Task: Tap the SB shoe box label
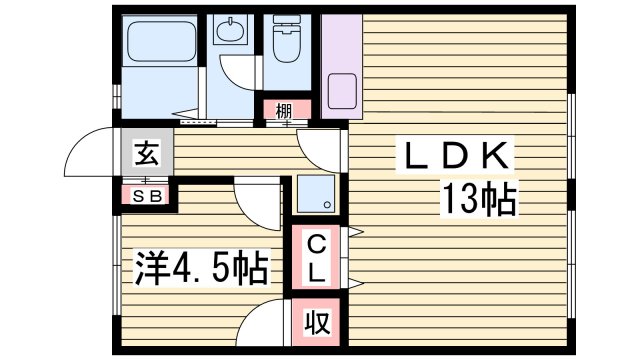[147, 195]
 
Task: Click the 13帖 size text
[479, 201]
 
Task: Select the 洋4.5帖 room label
[200, 268]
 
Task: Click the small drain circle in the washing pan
[328, 206]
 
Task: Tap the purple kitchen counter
[340, 60]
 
